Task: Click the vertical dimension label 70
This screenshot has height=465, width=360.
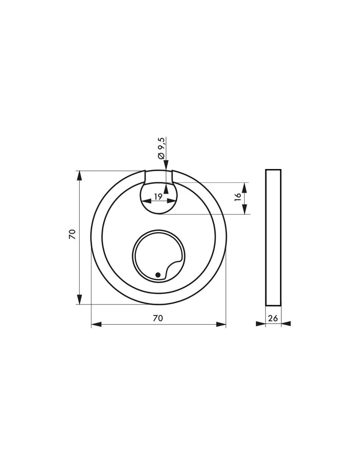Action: [x=73, y=234]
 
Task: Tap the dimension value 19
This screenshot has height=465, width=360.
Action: [x=157, y=196]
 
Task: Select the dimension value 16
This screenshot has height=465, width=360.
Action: [x=238, y=197]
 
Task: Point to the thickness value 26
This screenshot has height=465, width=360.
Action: [x=273, y=318]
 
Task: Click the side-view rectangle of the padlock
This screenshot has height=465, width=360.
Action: [x=273, y=237]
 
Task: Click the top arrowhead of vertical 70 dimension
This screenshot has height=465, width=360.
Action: [x=79, y=175]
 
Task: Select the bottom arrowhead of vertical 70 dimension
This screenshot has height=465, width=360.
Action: [x=79, y=299]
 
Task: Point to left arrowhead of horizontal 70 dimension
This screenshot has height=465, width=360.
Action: [x=96, y=324]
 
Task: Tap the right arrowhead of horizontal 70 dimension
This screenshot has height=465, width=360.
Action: [x=221, y=324]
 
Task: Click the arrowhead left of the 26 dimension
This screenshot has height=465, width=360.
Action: [x=261, y=323]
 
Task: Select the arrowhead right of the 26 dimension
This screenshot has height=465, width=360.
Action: [x=286, y=323]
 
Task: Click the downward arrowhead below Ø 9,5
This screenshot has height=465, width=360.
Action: [x=166, y=164]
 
